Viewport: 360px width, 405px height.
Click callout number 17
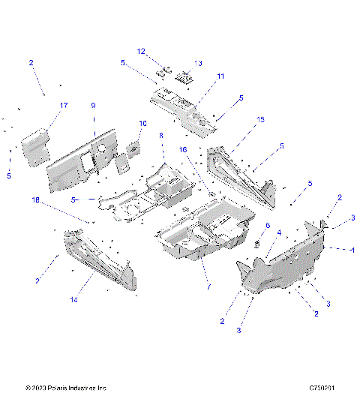[x=63, y=106]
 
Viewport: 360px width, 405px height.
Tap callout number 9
[x=94, y=106]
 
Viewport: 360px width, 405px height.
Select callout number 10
[x=142, y=123]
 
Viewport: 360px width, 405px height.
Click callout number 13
[x=198, y=63]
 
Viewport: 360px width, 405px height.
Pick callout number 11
[x=220, y=76]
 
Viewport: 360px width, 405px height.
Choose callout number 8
[x=160, y=136]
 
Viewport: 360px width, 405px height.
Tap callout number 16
[x=182, y=150]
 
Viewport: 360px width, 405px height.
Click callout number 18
[x=34, y=200]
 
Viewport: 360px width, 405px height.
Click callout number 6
[x=268, y=225]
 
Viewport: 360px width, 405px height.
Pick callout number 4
[x=280, y=232]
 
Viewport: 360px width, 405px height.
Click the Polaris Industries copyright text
[x=66, y=388]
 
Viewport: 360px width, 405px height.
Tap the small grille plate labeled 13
[x=184, y=76]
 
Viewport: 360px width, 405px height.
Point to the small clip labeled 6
[x=259, y=242]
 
